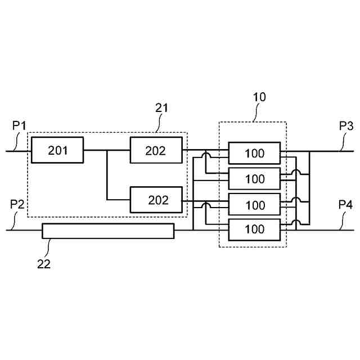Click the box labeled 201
[x=57, y=150]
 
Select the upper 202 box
[x=156, y=150]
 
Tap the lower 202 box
[x=156, y=200]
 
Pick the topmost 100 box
[x=254, y=153]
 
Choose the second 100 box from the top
[x=254, y=179]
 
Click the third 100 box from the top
[x=254, y=205]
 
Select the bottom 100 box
[x=254, y=229]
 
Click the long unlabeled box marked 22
[x=108, y=231]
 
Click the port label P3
[x=346, y=126]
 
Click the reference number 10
[x=259, y=97]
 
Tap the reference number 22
[x=44, y=263]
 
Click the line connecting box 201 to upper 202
[x=107, y=151]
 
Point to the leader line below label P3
[x=342, y=143]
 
